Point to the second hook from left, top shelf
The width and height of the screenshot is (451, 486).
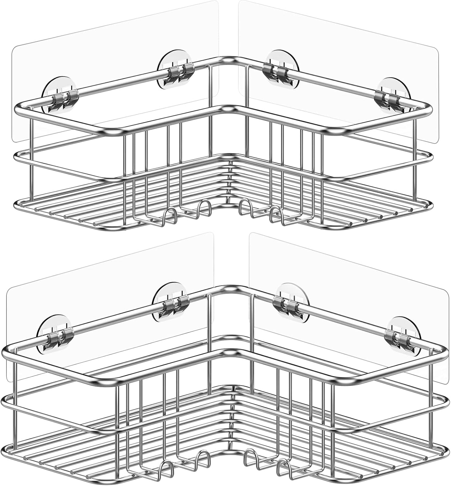(202, 207)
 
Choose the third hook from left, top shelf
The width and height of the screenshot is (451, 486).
(246, 207)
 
